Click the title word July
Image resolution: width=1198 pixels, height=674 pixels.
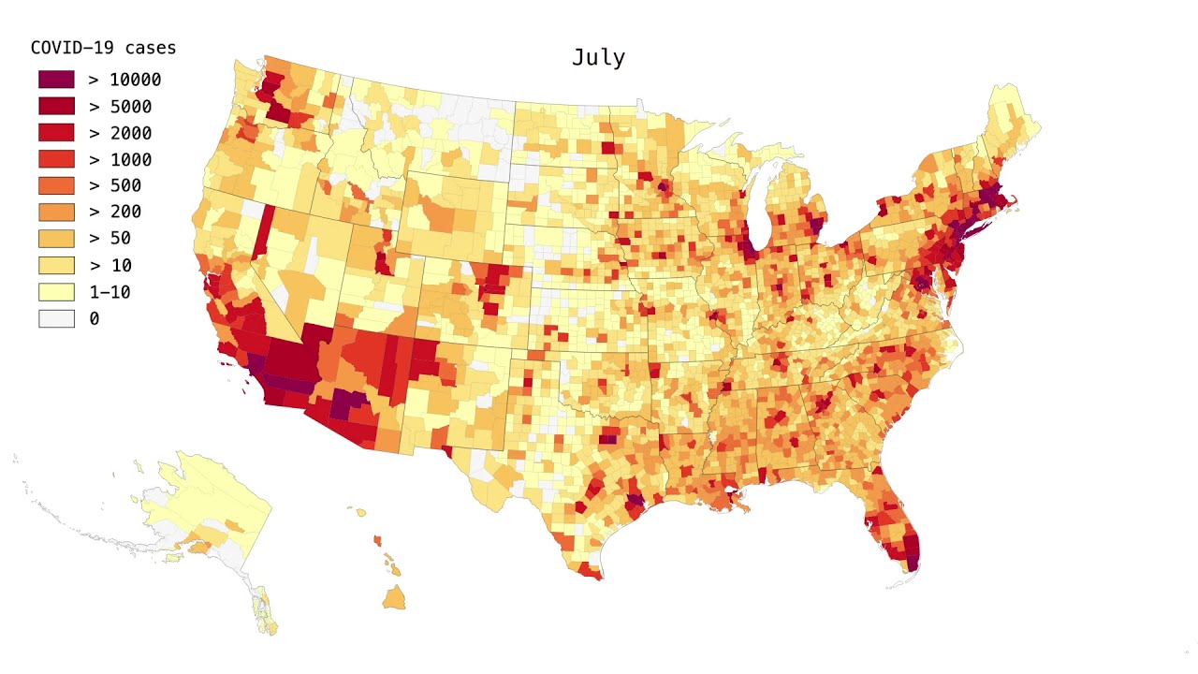click(598, 57)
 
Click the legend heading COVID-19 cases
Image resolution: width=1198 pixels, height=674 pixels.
click(103, 48)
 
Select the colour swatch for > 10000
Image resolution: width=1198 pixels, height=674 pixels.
click(56, 80)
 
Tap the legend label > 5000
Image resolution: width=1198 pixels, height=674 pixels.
click(120, 107)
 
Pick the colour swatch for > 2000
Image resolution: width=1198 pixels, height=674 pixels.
click(56, 133)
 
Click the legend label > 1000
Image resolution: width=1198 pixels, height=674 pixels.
click(120, 159)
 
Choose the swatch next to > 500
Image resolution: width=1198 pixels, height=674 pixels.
click(56, 185)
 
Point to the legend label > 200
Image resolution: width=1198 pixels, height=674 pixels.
click(115, 212)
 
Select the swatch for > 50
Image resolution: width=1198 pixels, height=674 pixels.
click(56, 239)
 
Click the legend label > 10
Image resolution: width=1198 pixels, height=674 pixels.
click(110, 265)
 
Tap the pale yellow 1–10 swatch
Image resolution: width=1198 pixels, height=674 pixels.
click(56, 292)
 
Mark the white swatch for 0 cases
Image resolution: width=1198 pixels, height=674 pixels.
click(56, 318)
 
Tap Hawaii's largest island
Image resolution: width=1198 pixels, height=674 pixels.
click(393, 597)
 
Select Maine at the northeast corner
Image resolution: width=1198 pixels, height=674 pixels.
click(1011, 122)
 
